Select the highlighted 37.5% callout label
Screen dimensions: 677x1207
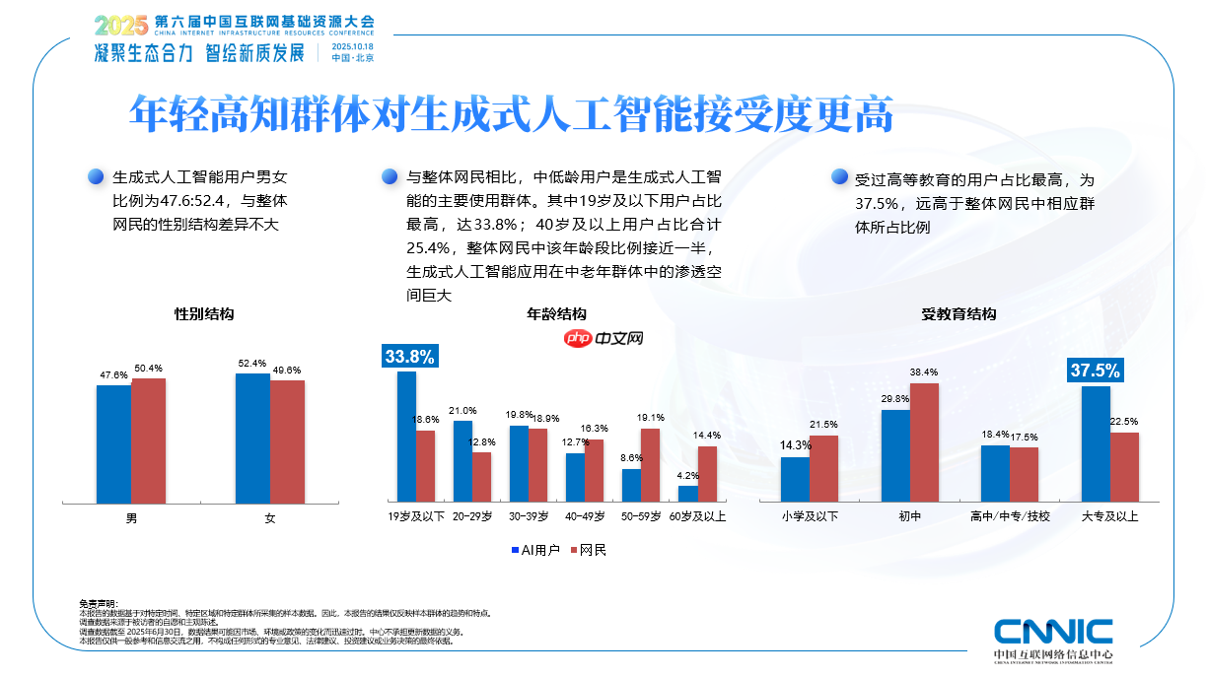[1095, 371]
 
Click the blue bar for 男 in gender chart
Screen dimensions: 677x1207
[113, 443]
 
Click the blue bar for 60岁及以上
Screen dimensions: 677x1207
[687, 494]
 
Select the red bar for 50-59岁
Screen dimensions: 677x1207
[650, 465]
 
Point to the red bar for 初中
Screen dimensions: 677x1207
[924, 442]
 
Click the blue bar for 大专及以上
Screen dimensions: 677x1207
[1096, 443]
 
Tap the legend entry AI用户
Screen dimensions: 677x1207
[536, 550]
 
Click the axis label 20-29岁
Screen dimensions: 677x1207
[472, 515]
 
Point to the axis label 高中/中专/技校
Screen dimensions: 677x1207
[1010, 515]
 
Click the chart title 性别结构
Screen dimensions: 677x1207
[203, 314]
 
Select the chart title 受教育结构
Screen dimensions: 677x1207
[958, 314]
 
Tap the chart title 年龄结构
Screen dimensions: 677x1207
[557, 314]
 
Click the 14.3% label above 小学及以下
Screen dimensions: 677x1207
[796, 445]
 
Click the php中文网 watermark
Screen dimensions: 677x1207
[604, 338]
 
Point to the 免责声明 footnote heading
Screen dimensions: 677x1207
[98, 603]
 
